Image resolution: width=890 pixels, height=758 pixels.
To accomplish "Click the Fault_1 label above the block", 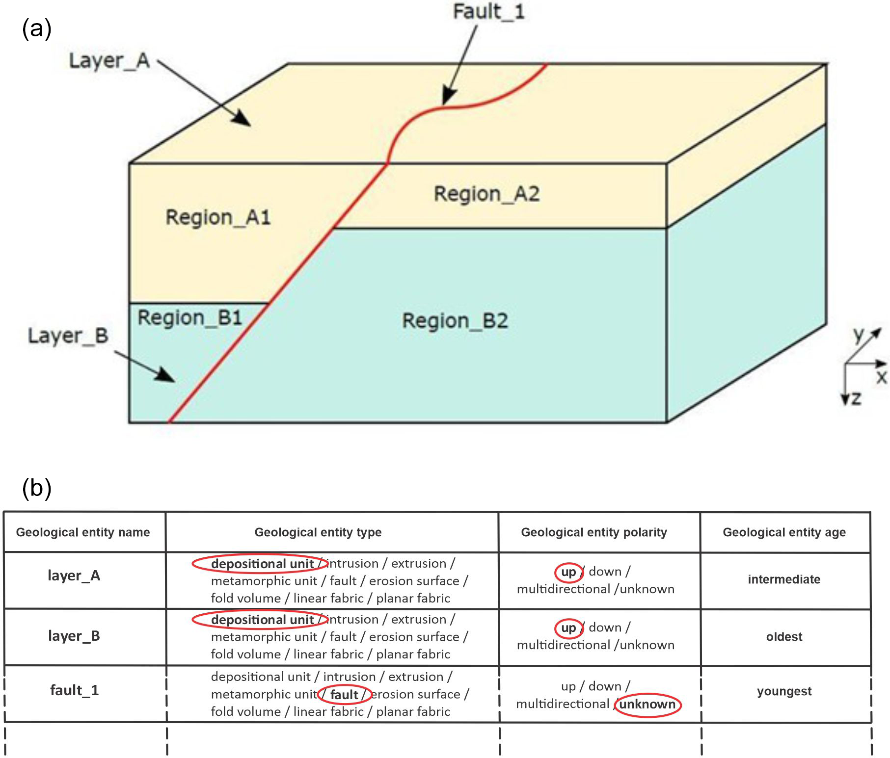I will [x=488, y=12].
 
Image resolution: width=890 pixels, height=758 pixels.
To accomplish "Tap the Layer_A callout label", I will [x=109, y=61].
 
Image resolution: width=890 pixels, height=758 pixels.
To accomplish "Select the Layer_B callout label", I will [x=68, y=336].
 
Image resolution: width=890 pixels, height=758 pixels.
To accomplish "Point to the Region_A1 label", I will [x=218, y=217].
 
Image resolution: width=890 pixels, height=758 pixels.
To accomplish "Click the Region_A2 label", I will [x=486, y=194].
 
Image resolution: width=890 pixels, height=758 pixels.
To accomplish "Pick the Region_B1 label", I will [x=189, y=318].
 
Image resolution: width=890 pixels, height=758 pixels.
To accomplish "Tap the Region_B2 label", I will [x=455, y=321].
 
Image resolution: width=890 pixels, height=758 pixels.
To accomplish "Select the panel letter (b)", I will [x=37, y=488].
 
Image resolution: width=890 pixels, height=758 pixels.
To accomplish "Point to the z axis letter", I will [x=857, y=398].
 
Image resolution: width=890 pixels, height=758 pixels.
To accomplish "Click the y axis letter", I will [x=859, y=335].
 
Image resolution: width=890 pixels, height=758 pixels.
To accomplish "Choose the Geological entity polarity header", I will [x=594, y=532].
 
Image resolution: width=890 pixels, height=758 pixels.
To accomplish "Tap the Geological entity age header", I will [x=784, y=532].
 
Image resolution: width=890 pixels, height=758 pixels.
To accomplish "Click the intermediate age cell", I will [x=784, y=579].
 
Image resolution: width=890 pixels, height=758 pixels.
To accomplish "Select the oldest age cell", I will [x=784, y=637].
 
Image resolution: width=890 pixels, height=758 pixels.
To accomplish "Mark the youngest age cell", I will [x=784, y=691].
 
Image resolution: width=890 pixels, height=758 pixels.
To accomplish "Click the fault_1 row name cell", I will [x=75, y=691].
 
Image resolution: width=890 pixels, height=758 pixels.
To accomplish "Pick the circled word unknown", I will [x=647, y=705].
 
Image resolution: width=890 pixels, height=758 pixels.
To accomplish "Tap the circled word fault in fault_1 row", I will [x=344, y=695].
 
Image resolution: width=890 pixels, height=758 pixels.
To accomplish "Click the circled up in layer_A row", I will [x=568, y=572].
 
